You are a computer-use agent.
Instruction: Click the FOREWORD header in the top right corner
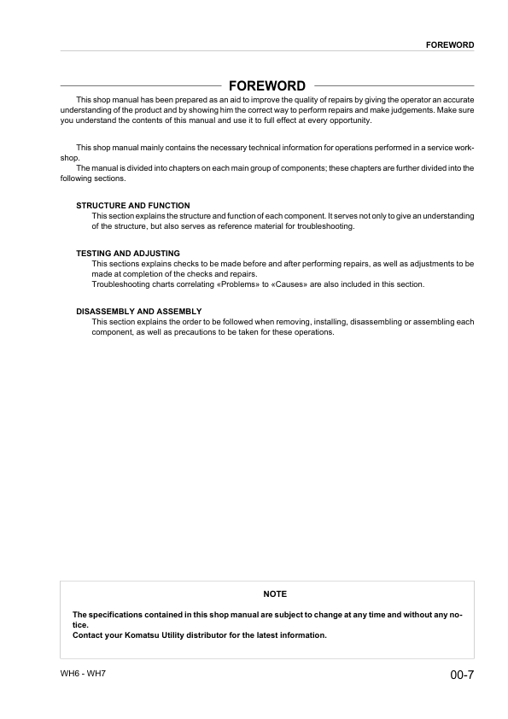point(450,44)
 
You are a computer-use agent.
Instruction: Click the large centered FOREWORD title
point(267,86)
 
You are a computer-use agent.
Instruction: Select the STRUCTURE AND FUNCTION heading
point(133,206)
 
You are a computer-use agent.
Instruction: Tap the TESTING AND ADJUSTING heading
point(128,254)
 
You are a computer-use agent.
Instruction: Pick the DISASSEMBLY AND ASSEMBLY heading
point(138,311)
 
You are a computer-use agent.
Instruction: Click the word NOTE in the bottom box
point(275,593)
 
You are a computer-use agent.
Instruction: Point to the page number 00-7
point(462,675)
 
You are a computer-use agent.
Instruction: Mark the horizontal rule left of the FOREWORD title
point(141,86)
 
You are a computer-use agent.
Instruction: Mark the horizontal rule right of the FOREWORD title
point(394,86)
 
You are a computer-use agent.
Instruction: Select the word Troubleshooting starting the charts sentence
point(120,284)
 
